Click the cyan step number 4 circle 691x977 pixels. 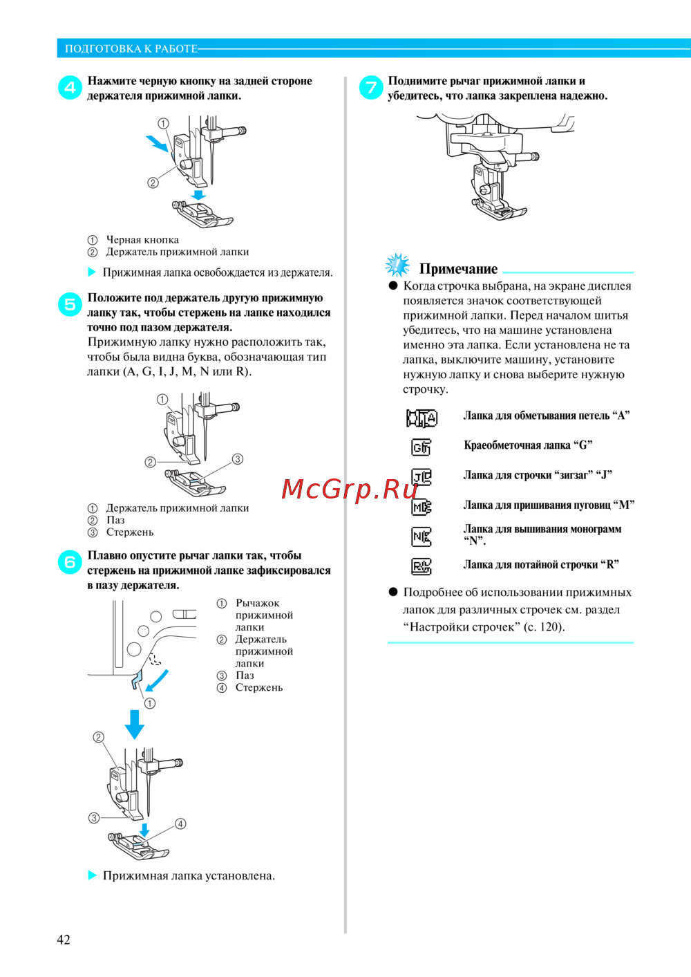[70, 88]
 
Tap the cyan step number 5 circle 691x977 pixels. [70, 304]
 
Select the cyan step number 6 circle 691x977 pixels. [70, 562]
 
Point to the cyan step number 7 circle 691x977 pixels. [371, 87]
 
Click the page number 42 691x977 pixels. [64, 939]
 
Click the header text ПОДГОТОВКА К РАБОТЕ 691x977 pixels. [131, 48]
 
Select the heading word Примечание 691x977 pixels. [458, 269]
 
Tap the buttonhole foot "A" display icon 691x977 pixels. [422, 418]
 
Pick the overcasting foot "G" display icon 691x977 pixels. [421, 447]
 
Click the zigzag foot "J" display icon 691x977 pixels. [422, 477]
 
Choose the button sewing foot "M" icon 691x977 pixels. [422, 507]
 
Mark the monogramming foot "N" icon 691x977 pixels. [422, 537]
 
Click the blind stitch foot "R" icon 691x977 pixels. [422, 567]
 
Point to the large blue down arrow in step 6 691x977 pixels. [135, 723]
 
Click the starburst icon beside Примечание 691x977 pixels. [397, 265]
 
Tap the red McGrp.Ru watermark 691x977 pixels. [350, 489]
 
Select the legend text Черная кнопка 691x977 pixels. [142, 240]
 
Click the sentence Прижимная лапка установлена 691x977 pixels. [189, 875]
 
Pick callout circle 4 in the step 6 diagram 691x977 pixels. [180, 824]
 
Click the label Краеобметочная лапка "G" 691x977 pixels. [528, 445]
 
